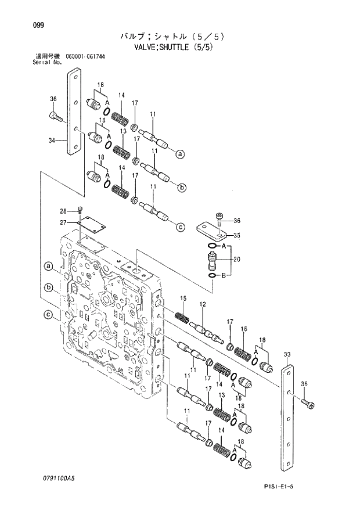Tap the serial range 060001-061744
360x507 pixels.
pyautogui.click(x=81, y=56)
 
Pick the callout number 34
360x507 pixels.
pyautogui.click(x=52, y=140)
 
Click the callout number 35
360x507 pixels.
pyautogui.click(x=236, y=235)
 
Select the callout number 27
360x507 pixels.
pyautogui.click(x=63, y=221)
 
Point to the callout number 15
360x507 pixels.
pyautogui.click(x=183, y=299)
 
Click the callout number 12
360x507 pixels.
pyautogui.click(x=203, y=304)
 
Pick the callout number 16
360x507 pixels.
pyautogui.click(x=244, y=329)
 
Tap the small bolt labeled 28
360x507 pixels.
pyautogui.click(x=80, y=211)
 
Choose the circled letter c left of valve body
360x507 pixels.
pyautogui.click(x=49, y=316)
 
